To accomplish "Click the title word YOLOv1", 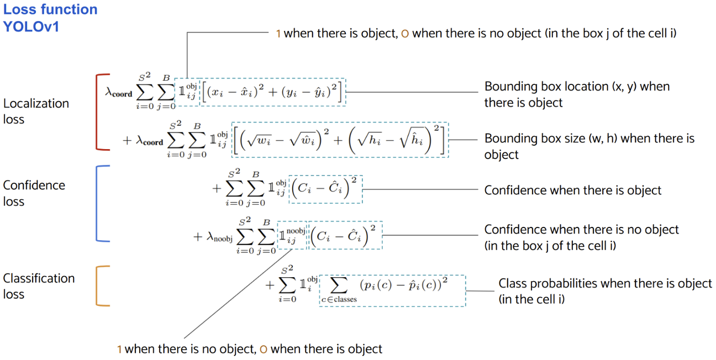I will (x=31, y=26).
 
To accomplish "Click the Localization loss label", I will (x=36, y=111).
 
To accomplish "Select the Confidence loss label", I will (x=34, y=193).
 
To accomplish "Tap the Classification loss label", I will (x=39, y=286).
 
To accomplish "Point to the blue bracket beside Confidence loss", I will (x=97, y=203).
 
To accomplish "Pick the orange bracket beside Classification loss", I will (x=97, y=285).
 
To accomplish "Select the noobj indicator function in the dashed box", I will (x=291, y=235).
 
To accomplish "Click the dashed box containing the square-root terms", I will (x=340, y=140).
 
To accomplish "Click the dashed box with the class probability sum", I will (x=392, y=290).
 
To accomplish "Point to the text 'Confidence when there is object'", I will (x=572, y=190).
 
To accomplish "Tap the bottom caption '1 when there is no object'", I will (x=250, y=349).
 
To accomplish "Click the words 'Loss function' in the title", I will (x=50, y=9).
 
